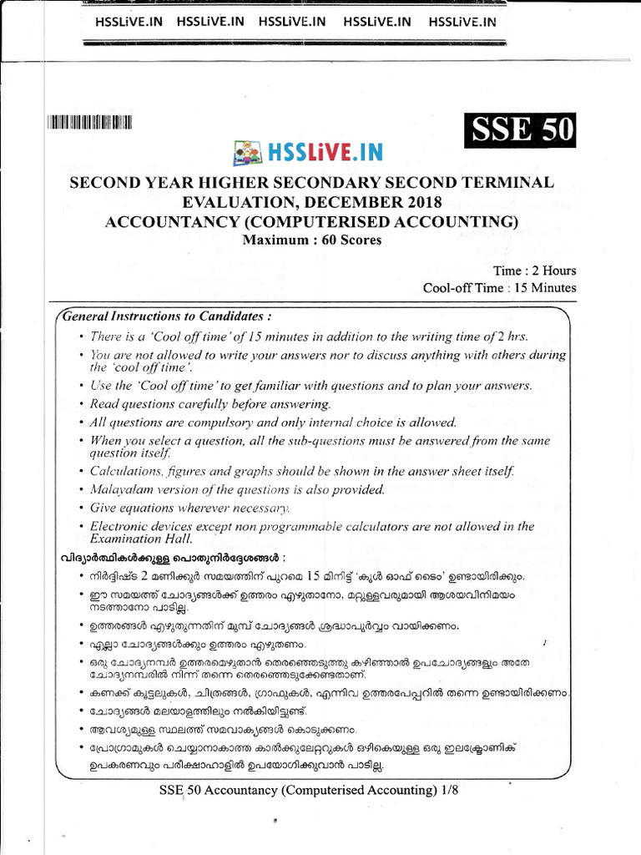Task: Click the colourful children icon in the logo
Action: [247, 154]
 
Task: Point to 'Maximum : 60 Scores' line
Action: [311, 240]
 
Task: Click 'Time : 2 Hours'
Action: [534, 271]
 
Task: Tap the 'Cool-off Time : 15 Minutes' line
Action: [499, 287]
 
